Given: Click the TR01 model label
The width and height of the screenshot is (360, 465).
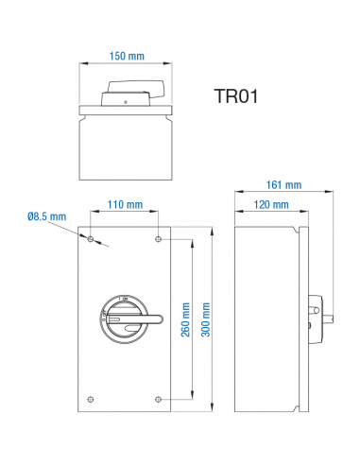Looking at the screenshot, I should point(236,96).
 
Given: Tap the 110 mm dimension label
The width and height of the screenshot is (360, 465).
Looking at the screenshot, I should point(125,205).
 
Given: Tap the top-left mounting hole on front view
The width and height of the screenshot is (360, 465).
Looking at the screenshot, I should point(91,240).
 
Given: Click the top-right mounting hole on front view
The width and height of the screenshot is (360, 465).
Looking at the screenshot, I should point(157,240).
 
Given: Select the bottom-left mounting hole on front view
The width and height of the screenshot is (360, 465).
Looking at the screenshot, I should point(91,398).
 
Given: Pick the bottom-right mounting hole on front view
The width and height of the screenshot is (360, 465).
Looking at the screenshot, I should point(157,398).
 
